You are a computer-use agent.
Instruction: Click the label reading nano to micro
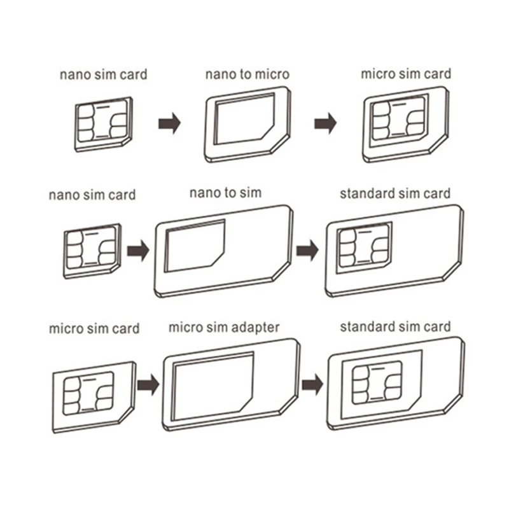tap(247, 74)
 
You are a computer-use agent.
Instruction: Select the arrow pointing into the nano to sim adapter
tap(137, 250)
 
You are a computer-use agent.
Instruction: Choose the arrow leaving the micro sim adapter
tap(312, 384)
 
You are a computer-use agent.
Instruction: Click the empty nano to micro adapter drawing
tap(247, 125)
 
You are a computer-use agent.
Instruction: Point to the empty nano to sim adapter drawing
tap(223, 251)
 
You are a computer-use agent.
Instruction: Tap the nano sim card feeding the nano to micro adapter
tap(102, 123)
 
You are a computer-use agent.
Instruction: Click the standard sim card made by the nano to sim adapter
tap(393, 250)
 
